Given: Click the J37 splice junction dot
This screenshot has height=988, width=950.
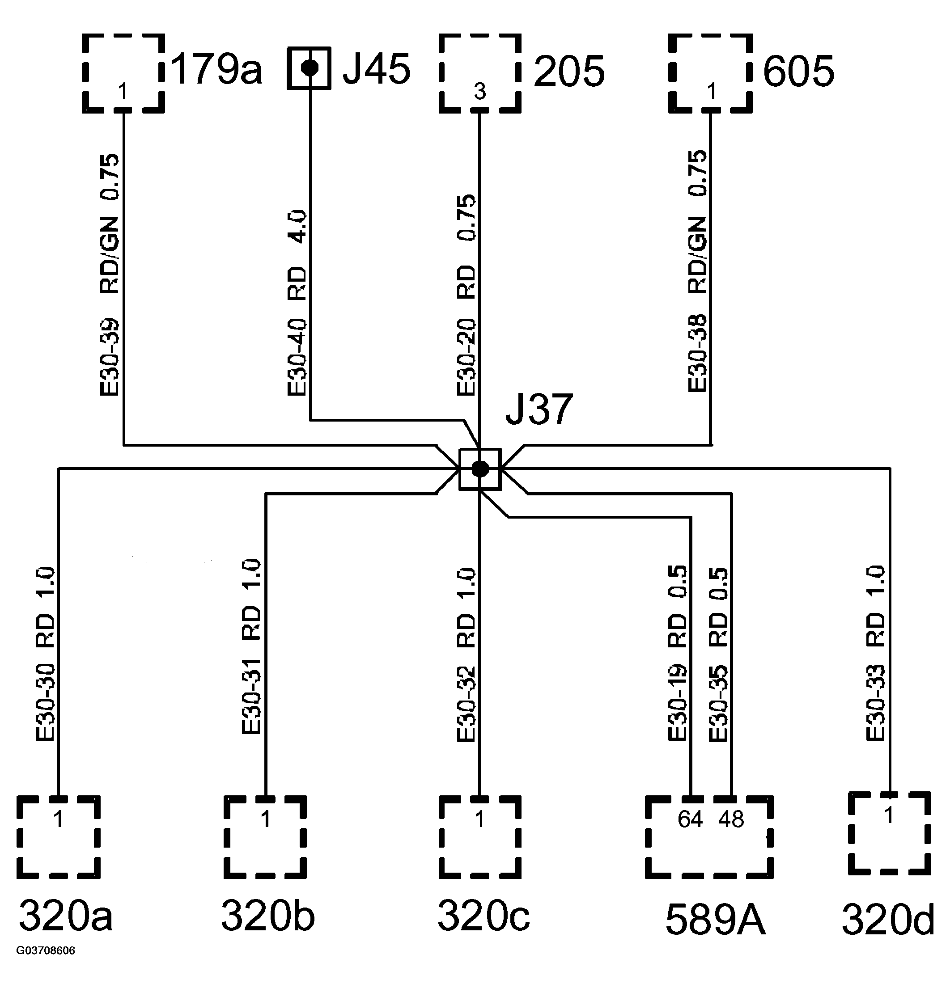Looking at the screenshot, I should [479, 469].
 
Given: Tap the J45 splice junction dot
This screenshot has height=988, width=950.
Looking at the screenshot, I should [309, 68].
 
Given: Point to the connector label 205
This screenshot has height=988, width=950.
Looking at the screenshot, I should [569, 72].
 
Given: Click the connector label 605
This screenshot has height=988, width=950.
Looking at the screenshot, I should [798, 72].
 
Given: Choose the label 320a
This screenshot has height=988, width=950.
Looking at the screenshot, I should [66, 916].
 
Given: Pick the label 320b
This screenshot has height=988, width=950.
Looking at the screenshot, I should [268, 916].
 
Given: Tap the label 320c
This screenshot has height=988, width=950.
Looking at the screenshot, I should [483, 916].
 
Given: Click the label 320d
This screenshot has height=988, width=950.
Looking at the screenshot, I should [887, 920].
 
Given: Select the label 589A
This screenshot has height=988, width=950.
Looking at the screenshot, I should [715, 920].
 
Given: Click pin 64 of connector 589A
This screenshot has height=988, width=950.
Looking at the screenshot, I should [690, 819].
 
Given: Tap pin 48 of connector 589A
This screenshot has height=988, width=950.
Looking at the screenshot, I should [731, 819].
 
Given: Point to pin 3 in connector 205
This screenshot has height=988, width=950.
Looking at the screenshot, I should [479, 92].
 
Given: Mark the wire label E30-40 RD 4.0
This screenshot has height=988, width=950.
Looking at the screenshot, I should [297, 303].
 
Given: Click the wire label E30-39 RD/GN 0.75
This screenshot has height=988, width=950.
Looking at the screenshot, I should [110, 275].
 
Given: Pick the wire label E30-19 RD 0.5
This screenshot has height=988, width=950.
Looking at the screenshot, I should [678, 653].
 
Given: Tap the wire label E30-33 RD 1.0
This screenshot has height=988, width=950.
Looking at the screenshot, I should [876, 653].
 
